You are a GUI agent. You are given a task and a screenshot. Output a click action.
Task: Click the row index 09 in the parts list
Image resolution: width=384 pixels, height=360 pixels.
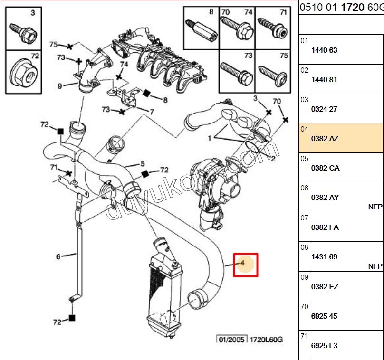click(304, 277)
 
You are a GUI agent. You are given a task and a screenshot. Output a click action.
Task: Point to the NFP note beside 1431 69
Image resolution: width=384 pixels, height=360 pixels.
click(375, 266)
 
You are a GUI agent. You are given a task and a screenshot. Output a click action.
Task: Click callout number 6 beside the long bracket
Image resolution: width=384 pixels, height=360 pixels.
click(58, 257)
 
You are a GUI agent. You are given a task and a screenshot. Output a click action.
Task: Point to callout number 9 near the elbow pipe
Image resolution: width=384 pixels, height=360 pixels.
click(60, 86)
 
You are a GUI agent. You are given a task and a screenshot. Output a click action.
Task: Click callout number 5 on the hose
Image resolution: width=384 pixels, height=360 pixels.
click(142, 164)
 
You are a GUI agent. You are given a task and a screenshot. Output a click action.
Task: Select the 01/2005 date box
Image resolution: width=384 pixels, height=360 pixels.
click(229, 339)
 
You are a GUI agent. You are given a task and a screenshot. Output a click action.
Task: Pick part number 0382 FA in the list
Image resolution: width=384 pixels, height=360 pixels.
click(325, 227)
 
